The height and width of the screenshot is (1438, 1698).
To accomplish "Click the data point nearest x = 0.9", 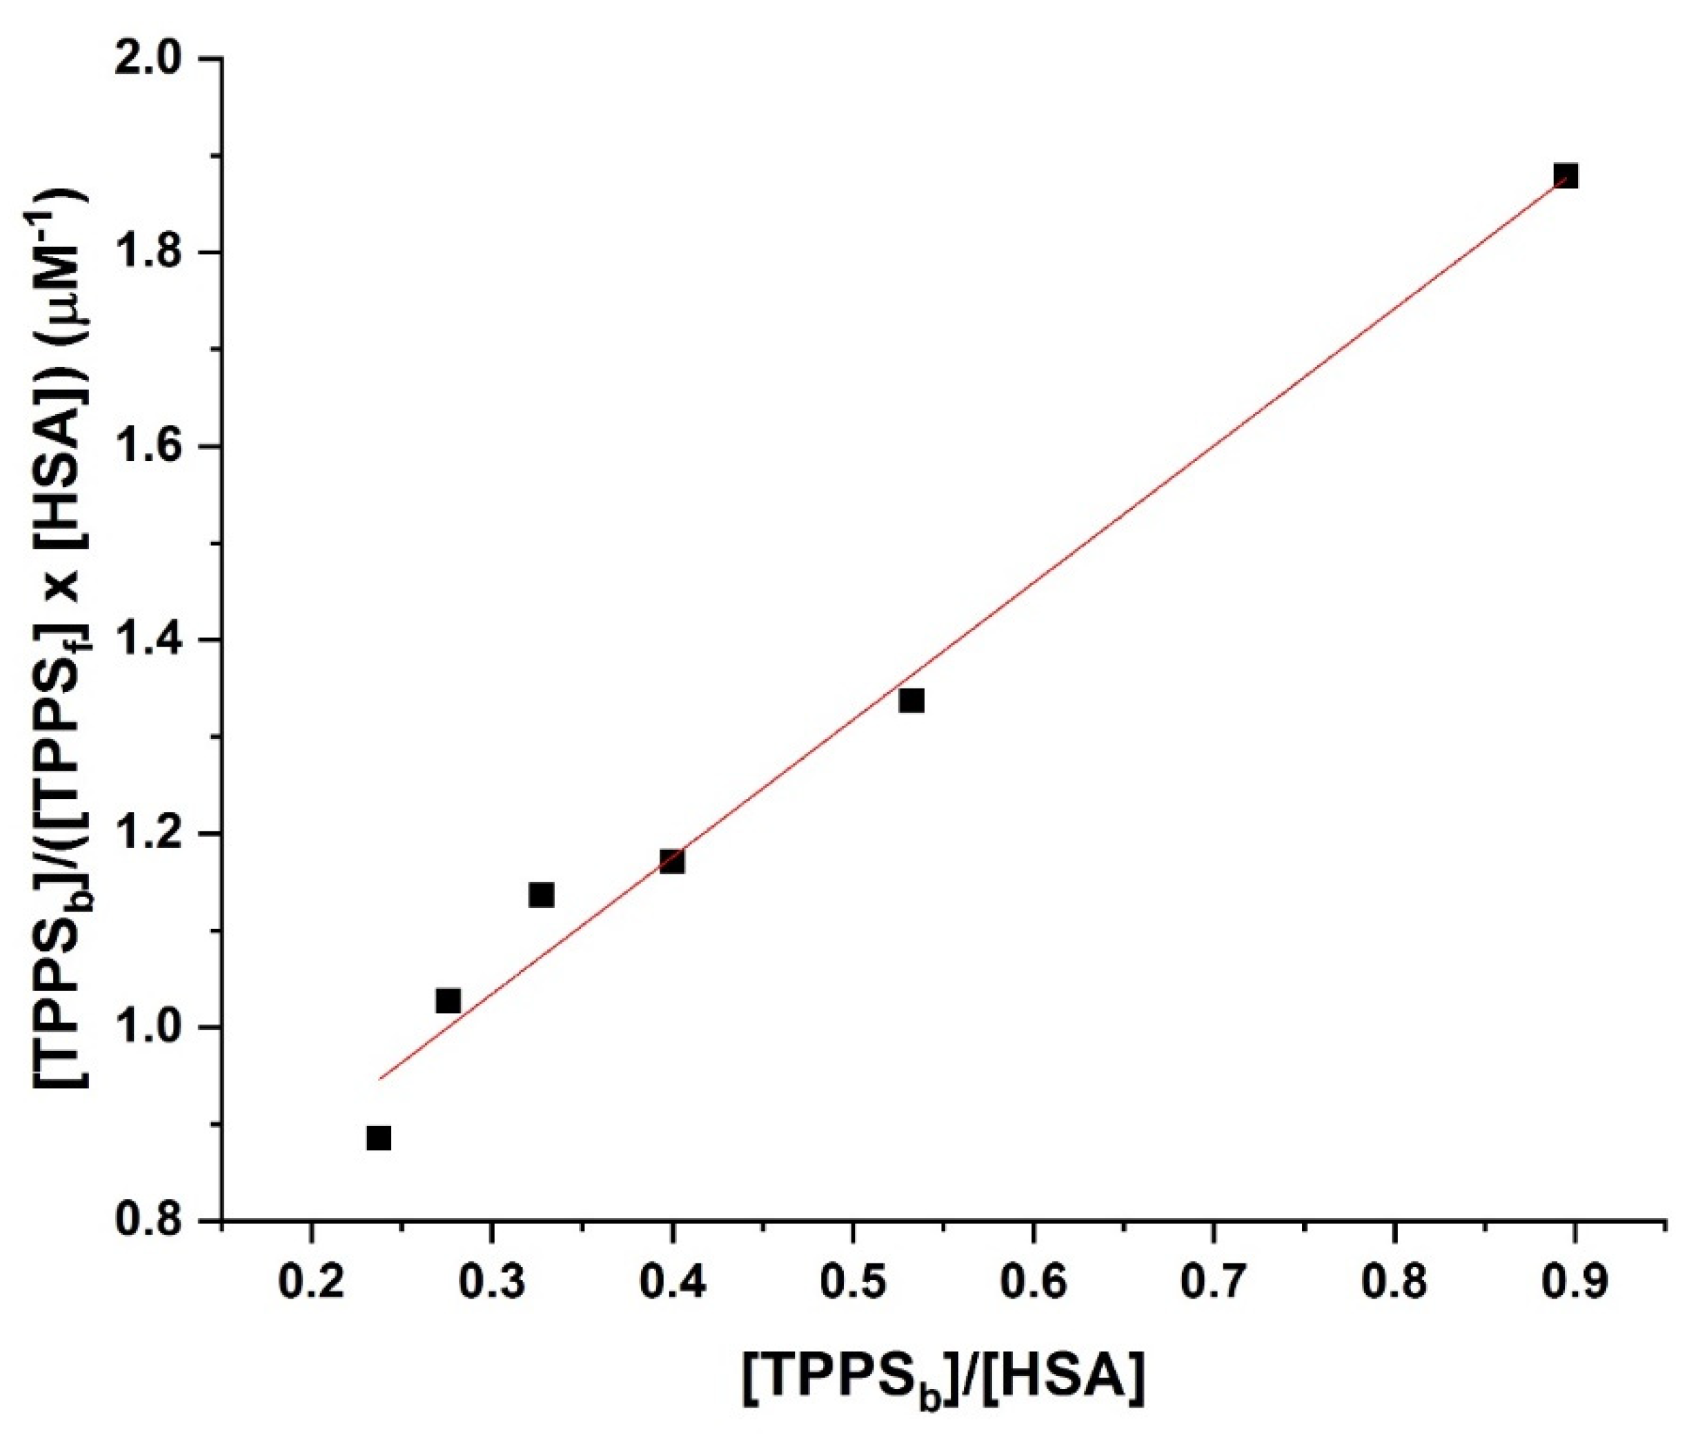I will (x=1565, y=176).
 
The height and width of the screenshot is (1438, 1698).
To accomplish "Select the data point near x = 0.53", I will (x=911, y=700).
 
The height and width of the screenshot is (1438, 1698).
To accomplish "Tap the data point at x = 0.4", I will (x=672, y=862).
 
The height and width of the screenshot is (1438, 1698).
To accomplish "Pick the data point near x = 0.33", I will (x=541, y=895).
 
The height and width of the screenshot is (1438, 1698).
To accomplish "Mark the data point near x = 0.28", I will (x=448, y=1001).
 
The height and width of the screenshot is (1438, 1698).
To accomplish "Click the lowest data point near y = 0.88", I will (x=378, y=1138).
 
